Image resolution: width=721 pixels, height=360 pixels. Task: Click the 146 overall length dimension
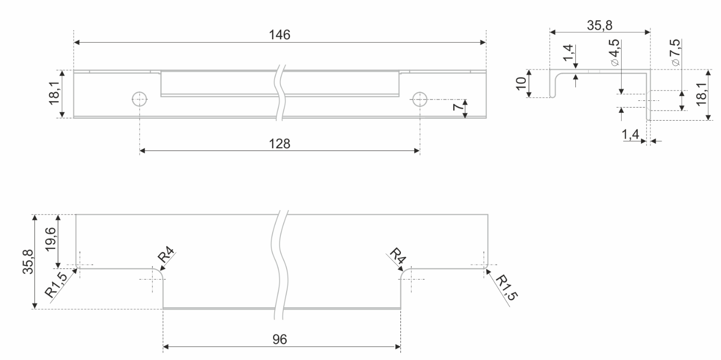[x=279, y=35]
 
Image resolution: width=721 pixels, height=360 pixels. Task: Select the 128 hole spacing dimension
[x=279, y=143]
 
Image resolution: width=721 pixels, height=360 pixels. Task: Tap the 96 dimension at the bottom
[x=279, y=339]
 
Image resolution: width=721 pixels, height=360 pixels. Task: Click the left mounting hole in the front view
[x=139, y=99]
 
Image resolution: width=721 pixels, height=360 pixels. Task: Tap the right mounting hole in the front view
[x=419, y=99]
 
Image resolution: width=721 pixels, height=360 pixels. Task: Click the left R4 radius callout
[x=167, y=255]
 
